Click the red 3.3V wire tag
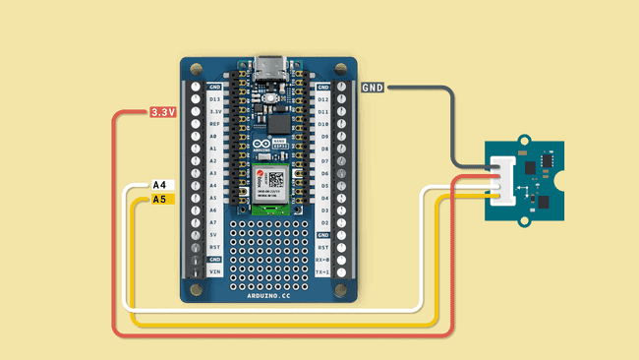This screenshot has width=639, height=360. click(x=162, y=112)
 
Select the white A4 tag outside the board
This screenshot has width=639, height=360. click(x=161, y=185)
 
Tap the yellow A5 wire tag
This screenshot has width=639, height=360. click(x=161, y=200)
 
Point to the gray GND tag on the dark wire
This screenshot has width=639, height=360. click(x=373, y=88)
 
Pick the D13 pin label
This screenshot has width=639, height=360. click(x=214, y=99)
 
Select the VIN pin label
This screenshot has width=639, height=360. click(x=214, y=270)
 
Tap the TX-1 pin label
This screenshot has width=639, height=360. click(x=322, y=270)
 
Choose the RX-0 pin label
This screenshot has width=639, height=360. click(x=322, y=259)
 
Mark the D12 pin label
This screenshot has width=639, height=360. click(x=322, y=99)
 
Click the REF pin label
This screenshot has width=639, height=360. click(x=214, y=124)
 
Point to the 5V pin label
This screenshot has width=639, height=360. click(x=214, y=234)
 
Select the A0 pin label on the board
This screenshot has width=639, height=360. click(x=214, y=137)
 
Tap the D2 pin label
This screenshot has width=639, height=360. click(x=322, y=222)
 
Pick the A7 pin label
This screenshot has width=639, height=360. click(x=214, y=222)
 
